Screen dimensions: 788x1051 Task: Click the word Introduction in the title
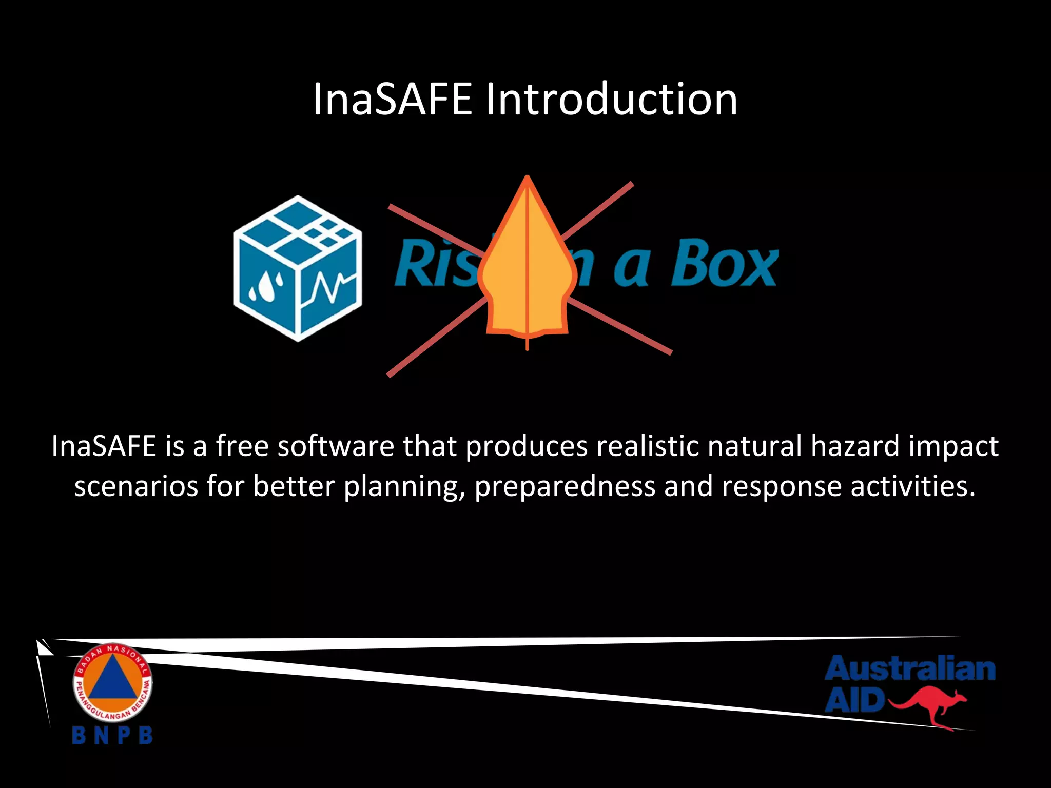612,99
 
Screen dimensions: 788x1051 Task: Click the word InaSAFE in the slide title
392,99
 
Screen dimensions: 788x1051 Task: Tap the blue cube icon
298,268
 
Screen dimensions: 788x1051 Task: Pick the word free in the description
242,446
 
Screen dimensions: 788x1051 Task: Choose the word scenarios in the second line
136,486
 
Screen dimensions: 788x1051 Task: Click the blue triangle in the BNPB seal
112,682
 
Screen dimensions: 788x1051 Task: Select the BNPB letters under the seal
112,735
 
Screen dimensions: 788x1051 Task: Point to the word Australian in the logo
910,669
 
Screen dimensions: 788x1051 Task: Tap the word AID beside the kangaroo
855,700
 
